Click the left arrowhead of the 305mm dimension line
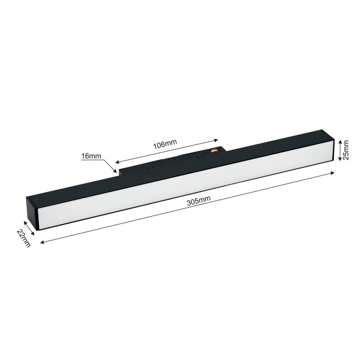point(42,242)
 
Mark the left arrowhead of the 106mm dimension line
point(117,162)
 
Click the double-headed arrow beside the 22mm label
point(28,228)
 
